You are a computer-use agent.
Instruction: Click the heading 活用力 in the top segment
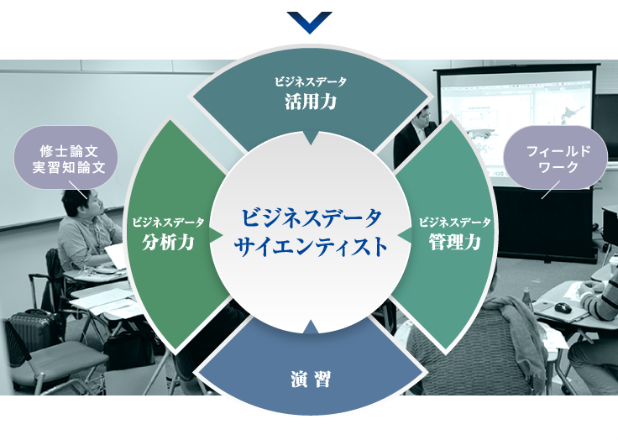(x=311, y=102)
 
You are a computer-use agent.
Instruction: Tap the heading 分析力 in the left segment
(x=168, y=242)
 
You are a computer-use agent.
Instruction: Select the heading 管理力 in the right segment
(x=455, y=242)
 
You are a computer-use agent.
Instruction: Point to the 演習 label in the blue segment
(x=311, y=380)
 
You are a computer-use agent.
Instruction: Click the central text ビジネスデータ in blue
(x=312, y=217)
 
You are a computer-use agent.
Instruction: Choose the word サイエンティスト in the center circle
(x=311, y=247)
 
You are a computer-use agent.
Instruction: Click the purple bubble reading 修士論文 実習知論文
(x=66, y=158)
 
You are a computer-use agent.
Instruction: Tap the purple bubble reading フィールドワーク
(x=555, y=158)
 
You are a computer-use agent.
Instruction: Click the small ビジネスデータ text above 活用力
(x=311, y=82)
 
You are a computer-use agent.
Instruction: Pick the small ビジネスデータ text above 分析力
(x=168, y=223)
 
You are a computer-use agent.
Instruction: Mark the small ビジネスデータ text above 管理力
(x=455, y=223)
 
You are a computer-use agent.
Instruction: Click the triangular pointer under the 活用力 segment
(x=311, y=137)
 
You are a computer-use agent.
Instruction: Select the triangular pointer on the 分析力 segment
(x=216, y=235)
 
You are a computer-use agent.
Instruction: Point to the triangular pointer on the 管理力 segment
(x=405, y=235)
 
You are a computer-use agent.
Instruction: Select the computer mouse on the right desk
(x=563, y=307)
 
